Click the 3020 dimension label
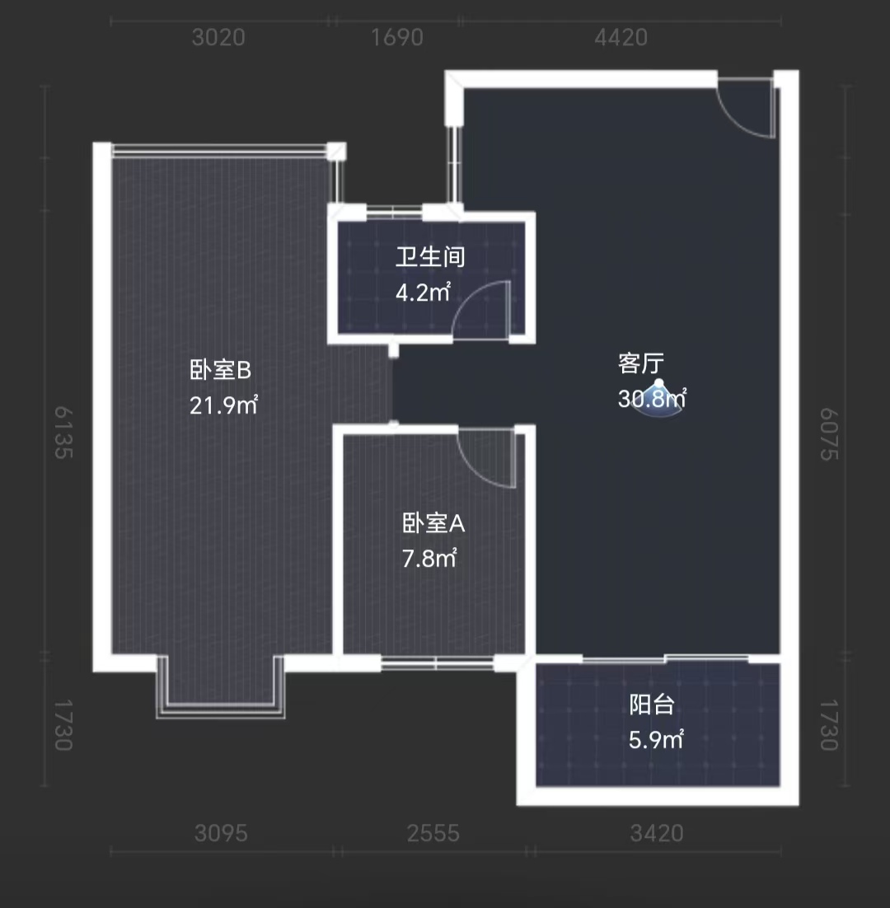[218, 38]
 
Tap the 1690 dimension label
[398, 38]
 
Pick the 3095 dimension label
[221, 834]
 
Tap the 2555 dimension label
[433, 834]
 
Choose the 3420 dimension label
[657, 834]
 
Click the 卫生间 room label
[430, 258]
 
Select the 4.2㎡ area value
[424, 293]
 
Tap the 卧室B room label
[220, 371]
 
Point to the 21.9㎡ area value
[224, 405]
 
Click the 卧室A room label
[433, 523]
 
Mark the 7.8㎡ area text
[429, 559]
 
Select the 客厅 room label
[641, 363]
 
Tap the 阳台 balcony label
[653, 705]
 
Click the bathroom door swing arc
[478, 309]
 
